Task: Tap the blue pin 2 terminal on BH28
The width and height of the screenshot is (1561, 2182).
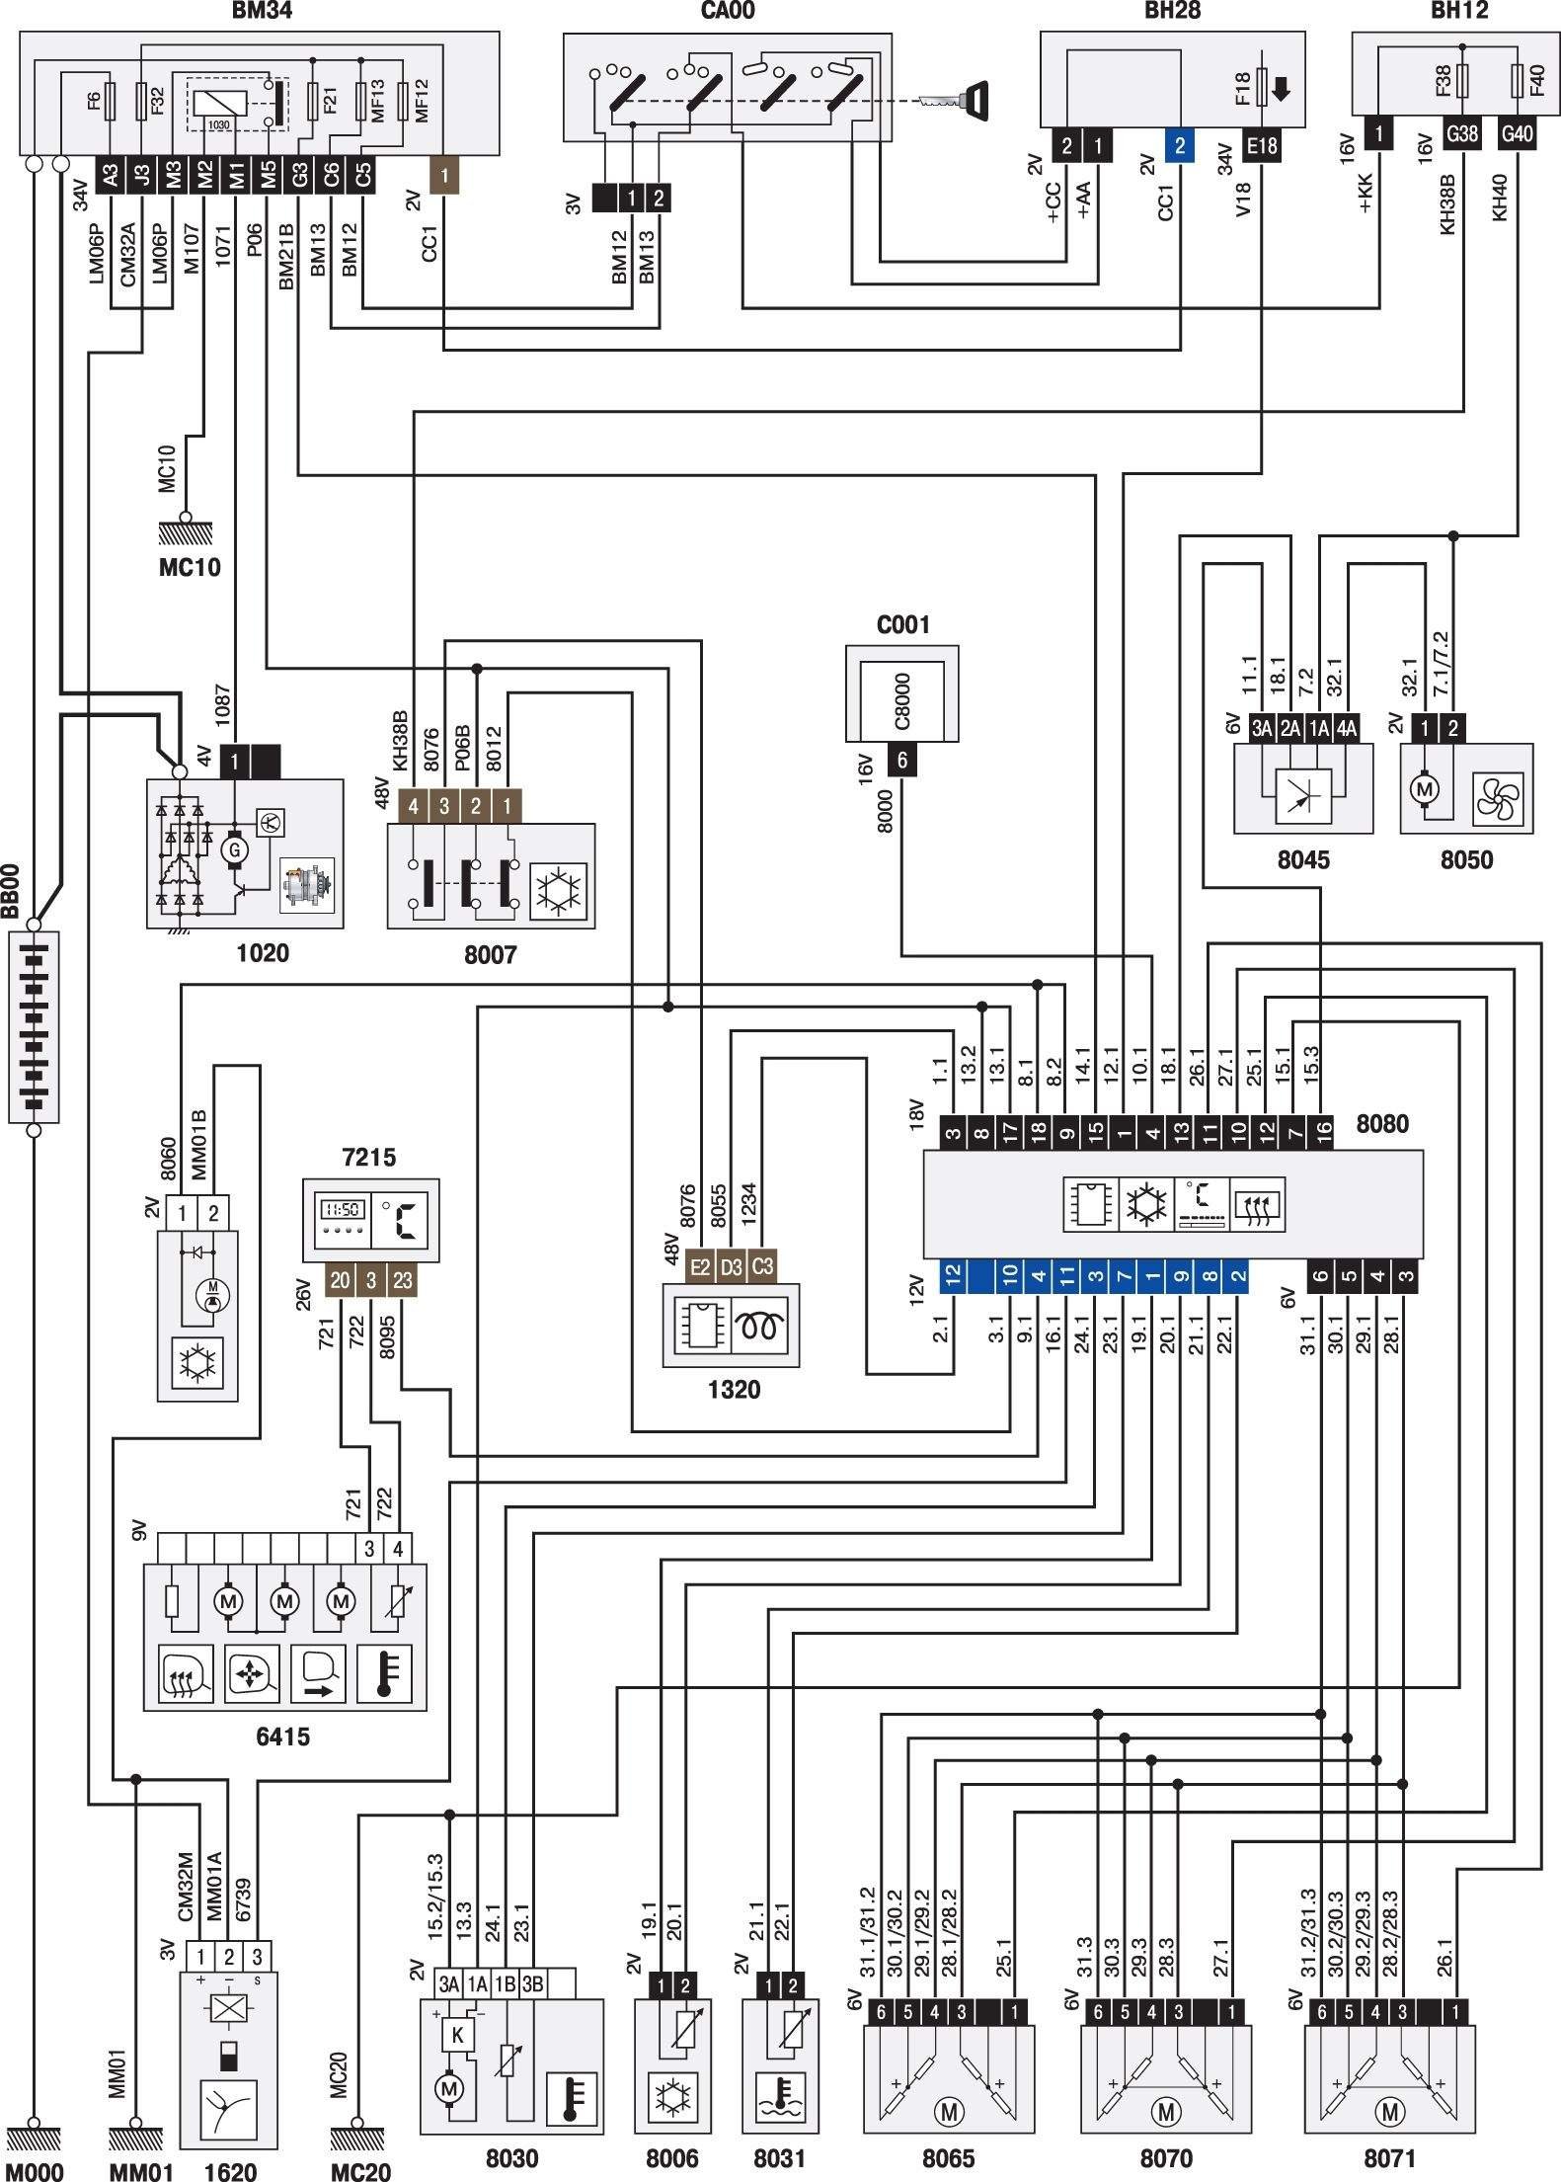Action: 1179,146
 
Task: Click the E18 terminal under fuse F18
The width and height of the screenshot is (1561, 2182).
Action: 1261,146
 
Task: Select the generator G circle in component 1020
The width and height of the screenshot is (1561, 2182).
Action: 234,849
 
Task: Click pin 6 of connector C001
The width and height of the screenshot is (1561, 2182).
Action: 901,761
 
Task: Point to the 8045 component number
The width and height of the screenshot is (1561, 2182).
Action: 1303,859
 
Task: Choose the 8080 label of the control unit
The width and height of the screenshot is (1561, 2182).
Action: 1382,1123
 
